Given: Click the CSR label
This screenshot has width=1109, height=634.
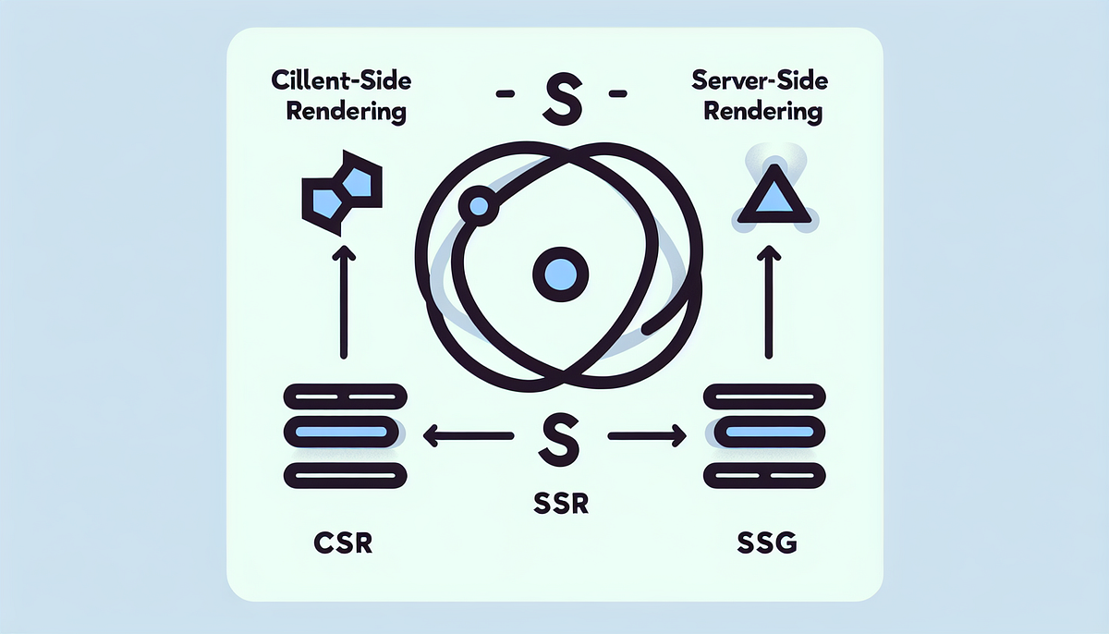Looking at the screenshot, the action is pyautogui.click(x=343, y=543).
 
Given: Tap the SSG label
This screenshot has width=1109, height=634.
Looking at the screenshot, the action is pyautogui.click(x=767, y=542).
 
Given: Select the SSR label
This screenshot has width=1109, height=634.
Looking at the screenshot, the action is pyautogui.click(x=561, y=504).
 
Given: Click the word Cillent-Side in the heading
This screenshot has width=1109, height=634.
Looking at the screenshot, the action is pyautogui.click(x=341, y=80).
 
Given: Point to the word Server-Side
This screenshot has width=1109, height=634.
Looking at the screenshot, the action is pyautogui.click(x=760, y=80).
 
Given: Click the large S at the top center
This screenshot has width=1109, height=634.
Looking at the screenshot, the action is pyautogui.click(x=562, y=101).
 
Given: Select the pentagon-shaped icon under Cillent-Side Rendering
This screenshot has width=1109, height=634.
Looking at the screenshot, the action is pyautogui.click(x=342, y=192).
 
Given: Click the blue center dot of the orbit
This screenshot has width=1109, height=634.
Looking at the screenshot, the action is pyautogui.click(x=560, y=274).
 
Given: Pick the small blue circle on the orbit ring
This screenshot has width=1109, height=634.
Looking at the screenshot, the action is pyautogui.click(x=479, y=206).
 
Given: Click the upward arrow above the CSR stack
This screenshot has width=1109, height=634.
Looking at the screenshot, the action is pyautogui.click(x=344, y=302).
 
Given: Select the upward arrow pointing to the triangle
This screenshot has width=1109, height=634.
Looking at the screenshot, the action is pyautogui.click(x=769, y=302).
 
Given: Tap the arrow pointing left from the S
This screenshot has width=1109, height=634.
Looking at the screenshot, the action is pyautogui.click(x=469, y=435).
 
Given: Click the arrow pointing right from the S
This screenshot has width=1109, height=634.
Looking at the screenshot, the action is pyautogui.click(x=647, y=435).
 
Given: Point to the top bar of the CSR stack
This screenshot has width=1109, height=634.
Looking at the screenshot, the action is pyautogui.click(x=345, y=396).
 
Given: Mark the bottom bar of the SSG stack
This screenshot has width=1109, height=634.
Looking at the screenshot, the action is pyautogui.click(x=764, y=476).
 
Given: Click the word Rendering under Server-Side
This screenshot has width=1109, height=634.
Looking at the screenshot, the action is pyautogui.click(x=762, y=111).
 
